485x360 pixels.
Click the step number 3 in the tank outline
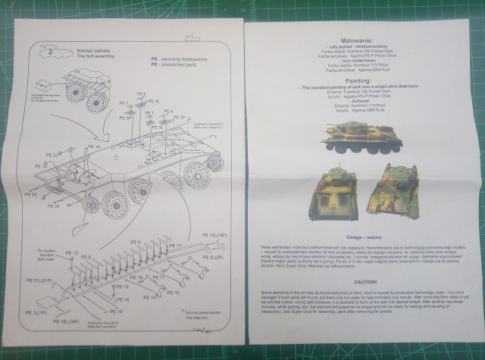[x=50, y=52]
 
